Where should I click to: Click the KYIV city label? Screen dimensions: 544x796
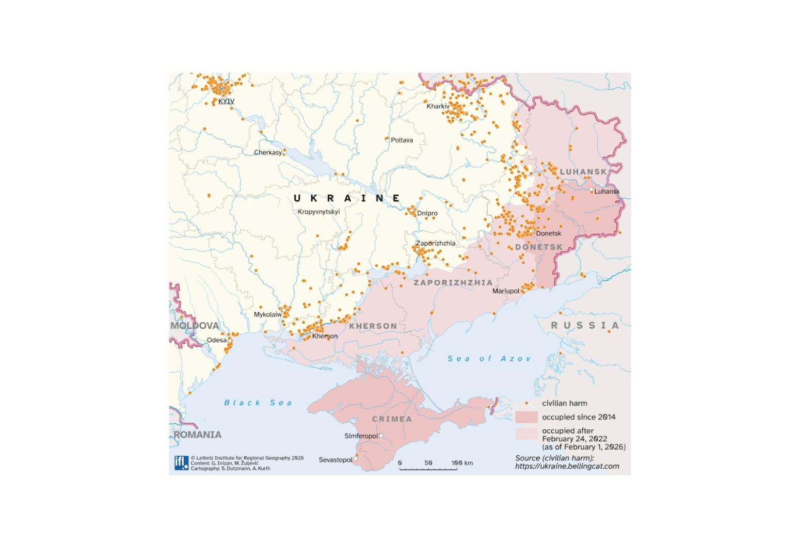226,101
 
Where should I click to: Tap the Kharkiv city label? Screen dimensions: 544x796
438,106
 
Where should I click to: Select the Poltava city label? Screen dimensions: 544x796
402,140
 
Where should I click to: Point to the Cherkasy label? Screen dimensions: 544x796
268,152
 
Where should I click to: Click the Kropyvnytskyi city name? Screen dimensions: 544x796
319,212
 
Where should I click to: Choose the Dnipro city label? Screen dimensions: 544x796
427,213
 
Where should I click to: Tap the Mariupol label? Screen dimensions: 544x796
506,291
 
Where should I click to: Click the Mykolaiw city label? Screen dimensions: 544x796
268,314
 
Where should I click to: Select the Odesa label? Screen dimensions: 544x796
217,340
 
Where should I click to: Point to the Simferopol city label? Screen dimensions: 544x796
361,436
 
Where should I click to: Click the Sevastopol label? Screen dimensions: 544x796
336,460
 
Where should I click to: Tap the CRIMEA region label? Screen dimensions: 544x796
392,419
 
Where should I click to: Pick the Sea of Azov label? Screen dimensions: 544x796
489,359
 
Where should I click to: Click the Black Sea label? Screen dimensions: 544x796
258,403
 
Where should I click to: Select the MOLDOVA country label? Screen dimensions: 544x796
195,326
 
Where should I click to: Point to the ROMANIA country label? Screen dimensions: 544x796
197,435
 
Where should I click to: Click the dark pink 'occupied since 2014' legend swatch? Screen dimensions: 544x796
527,417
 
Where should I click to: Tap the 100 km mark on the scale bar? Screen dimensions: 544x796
457,463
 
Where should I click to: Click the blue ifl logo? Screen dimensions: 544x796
181,463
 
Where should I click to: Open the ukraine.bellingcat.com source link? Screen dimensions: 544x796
567,466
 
